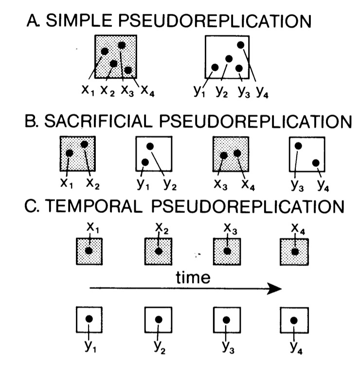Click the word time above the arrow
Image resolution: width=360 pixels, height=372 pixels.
tap(193, 278)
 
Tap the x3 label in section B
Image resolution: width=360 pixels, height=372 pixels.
tap(218, 183)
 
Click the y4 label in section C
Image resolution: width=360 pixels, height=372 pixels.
tap(294, 346)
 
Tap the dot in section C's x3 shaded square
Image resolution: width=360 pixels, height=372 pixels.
tap(226, 251)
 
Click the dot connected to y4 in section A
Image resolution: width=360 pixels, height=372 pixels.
tap(240, 45)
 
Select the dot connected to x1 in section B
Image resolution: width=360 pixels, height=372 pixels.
tap(69, 153)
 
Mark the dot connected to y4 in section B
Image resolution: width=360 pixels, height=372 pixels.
tap(316, 163)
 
